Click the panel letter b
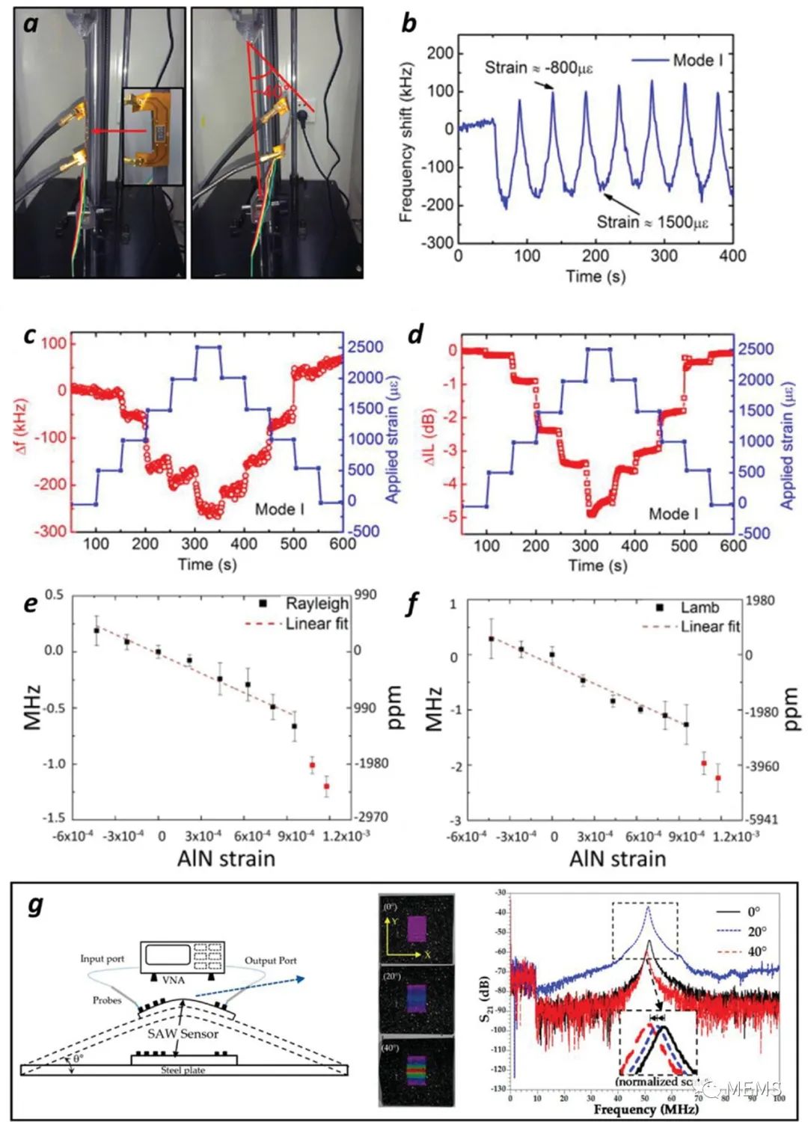[408, 23]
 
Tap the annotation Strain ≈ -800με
[539, 68]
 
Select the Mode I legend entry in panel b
[697, 60]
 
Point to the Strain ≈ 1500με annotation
[652, 222]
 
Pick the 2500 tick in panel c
[364, 347]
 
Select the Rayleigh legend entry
[316, 604]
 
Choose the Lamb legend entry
[700, 607]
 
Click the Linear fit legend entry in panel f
[709, 627]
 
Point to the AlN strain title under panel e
[226, 858]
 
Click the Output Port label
[271, 960]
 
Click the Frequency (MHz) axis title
[646, 1109]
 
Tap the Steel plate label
[183, 1070]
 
